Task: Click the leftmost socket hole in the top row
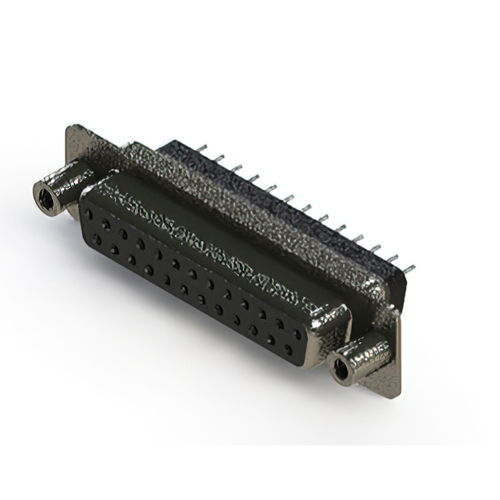coord(88,213)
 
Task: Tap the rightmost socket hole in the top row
coord(296,333)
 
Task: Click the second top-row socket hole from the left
coord(105,223)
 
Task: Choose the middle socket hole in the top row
coord(192,273)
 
